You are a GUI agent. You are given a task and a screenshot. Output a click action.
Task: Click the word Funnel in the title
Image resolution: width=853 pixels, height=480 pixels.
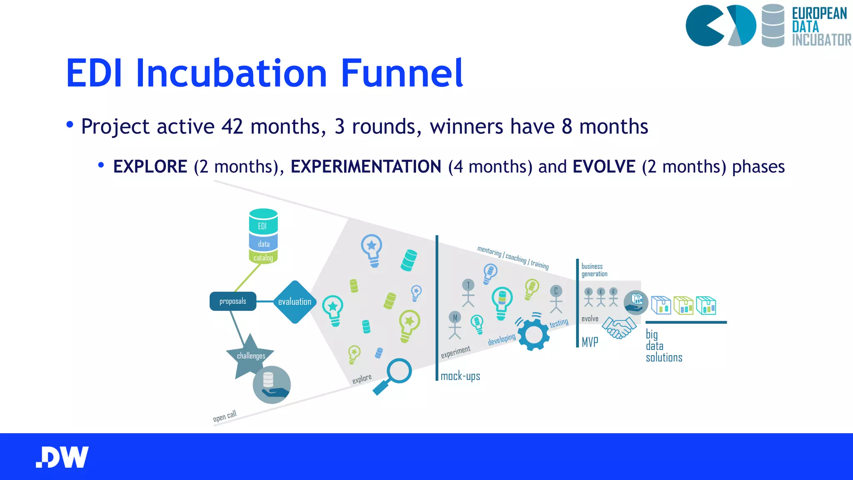pyautogui.click(x=402, y=73)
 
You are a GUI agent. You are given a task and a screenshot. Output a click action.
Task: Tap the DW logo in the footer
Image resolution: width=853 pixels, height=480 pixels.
pyautogui.click(x=62, y=457)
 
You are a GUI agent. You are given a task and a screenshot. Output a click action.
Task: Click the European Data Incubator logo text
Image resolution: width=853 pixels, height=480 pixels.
pyautogui.click(x=820, y=26)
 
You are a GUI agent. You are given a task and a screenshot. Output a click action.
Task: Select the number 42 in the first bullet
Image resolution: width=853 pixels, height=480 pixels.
pyautogui.click(x=232, y=126)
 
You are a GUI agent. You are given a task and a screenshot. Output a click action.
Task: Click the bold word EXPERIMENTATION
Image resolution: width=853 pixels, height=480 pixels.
pyautogui.click(x=366, y=167)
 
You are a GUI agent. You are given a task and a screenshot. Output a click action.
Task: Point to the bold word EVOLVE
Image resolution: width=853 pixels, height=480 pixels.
pyautogui.click(x=604, y=167)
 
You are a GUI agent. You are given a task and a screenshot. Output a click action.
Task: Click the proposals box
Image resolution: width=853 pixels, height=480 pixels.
pyautogui.click(x=233, y=301)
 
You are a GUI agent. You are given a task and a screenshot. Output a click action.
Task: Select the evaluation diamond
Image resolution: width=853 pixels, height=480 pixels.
pyautogui.click(x=294, y=302)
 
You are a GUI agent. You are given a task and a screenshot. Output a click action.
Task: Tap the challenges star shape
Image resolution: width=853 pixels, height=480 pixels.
pyautogui.click(x=250, y=355)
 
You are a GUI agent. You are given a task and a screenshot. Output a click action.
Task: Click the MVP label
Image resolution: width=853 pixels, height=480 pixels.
pyautogui.click(x=590, y=342)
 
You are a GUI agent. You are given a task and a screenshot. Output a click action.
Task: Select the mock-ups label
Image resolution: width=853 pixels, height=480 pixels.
pyautogui.click(x=460, y=376)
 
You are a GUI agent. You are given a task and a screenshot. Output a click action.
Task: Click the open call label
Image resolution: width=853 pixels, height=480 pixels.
pyautogui.click(x=224, y=416)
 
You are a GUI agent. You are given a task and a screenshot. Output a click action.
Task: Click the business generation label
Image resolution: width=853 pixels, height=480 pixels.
pyautogui.click(x=594, y=270)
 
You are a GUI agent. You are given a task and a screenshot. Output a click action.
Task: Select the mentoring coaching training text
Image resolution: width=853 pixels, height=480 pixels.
pyautogui.click(x=513, y=257)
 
